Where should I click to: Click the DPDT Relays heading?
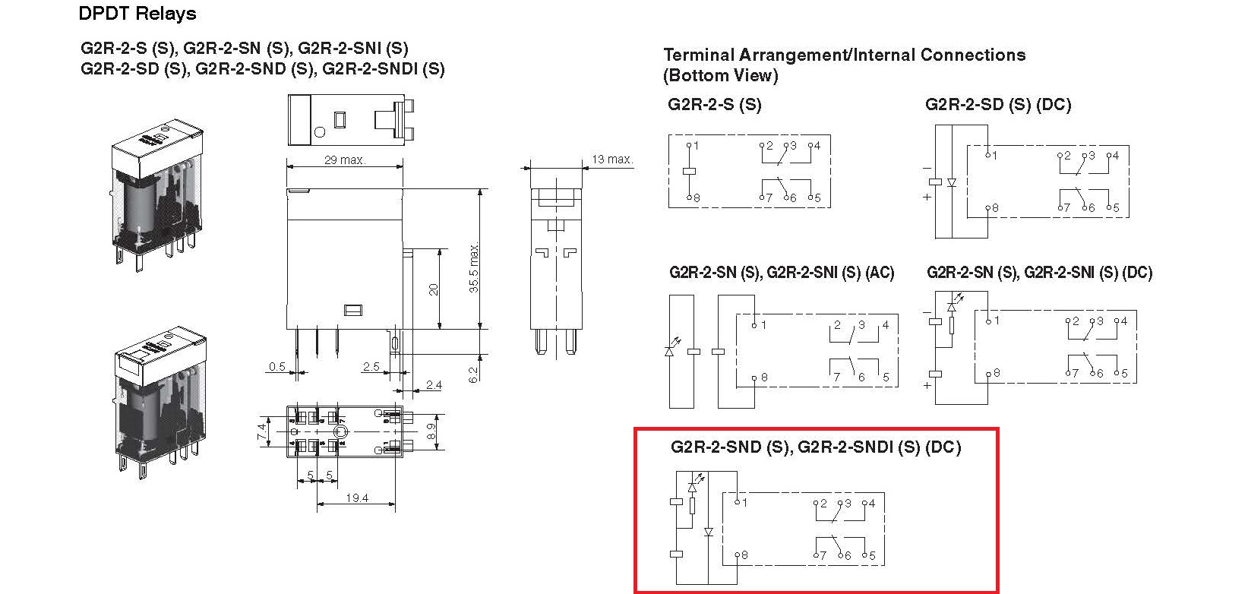click(137, 14)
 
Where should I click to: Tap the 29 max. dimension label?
click(345, 160)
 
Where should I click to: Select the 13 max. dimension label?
click(612, 160)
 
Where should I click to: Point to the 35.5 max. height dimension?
click(473, 267)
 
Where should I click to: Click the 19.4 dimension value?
click(357, 498)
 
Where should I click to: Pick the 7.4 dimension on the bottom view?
click(262, 431)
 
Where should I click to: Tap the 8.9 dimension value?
click(431, 431)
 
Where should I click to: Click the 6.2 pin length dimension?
click(473, 374)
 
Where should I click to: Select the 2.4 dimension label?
click(434, 385)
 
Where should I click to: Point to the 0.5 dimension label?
click(277, 367)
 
